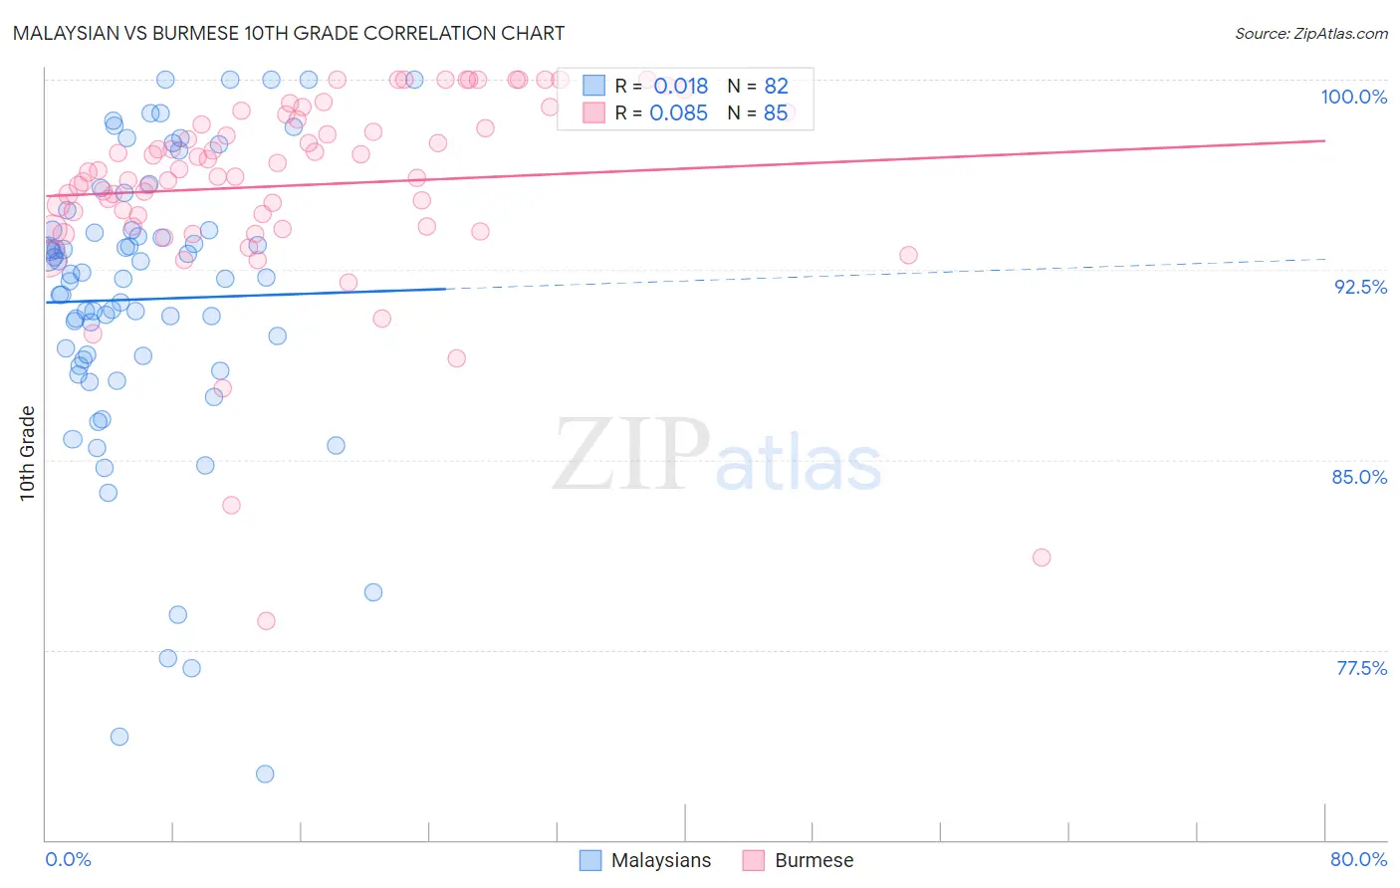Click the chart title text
point(289,33)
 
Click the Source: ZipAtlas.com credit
point(1310,33)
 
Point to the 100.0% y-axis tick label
point(1353,97)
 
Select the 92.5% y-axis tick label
point(1360,287)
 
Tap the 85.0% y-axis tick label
point(1359,477)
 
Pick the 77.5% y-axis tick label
point(1361,668)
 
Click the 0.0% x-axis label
point(68,859)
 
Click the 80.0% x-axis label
point(1358,859)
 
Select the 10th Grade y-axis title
point(28,453)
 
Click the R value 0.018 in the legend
point(680,87)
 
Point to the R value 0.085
point(678,113)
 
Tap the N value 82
point(776,87)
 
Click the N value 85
point(776,113)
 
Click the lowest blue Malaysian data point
point(265,774)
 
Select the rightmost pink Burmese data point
point(1042,557)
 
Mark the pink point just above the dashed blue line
point(908,255)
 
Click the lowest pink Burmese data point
point(266,621)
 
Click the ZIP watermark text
point(631,455)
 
